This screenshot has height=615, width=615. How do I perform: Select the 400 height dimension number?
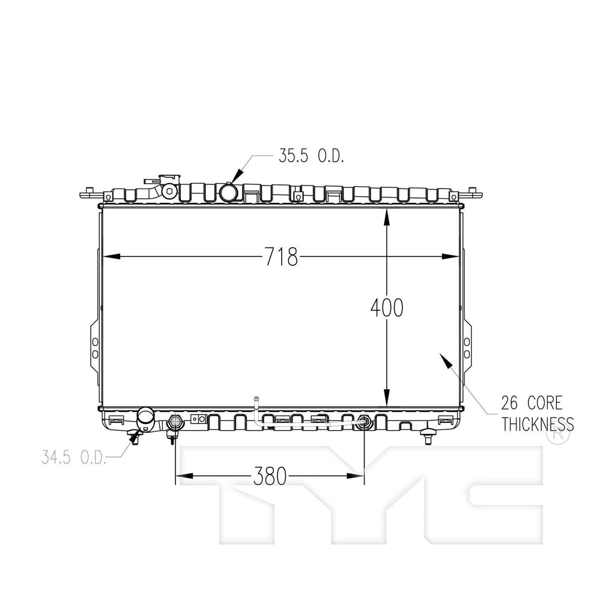(387, 308)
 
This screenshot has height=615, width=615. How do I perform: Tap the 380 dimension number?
(268, 477)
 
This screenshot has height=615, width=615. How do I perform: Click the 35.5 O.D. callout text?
(311, 156)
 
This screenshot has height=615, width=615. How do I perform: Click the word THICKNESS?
(538, 425)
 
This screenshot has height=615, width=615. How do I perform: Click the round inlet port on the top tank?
(229, 193)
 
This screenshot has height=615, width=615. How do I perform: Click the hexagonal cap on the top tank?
(169, 192)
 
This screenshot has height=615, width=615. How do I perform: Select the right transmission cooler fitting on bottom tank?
(363, 421)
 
